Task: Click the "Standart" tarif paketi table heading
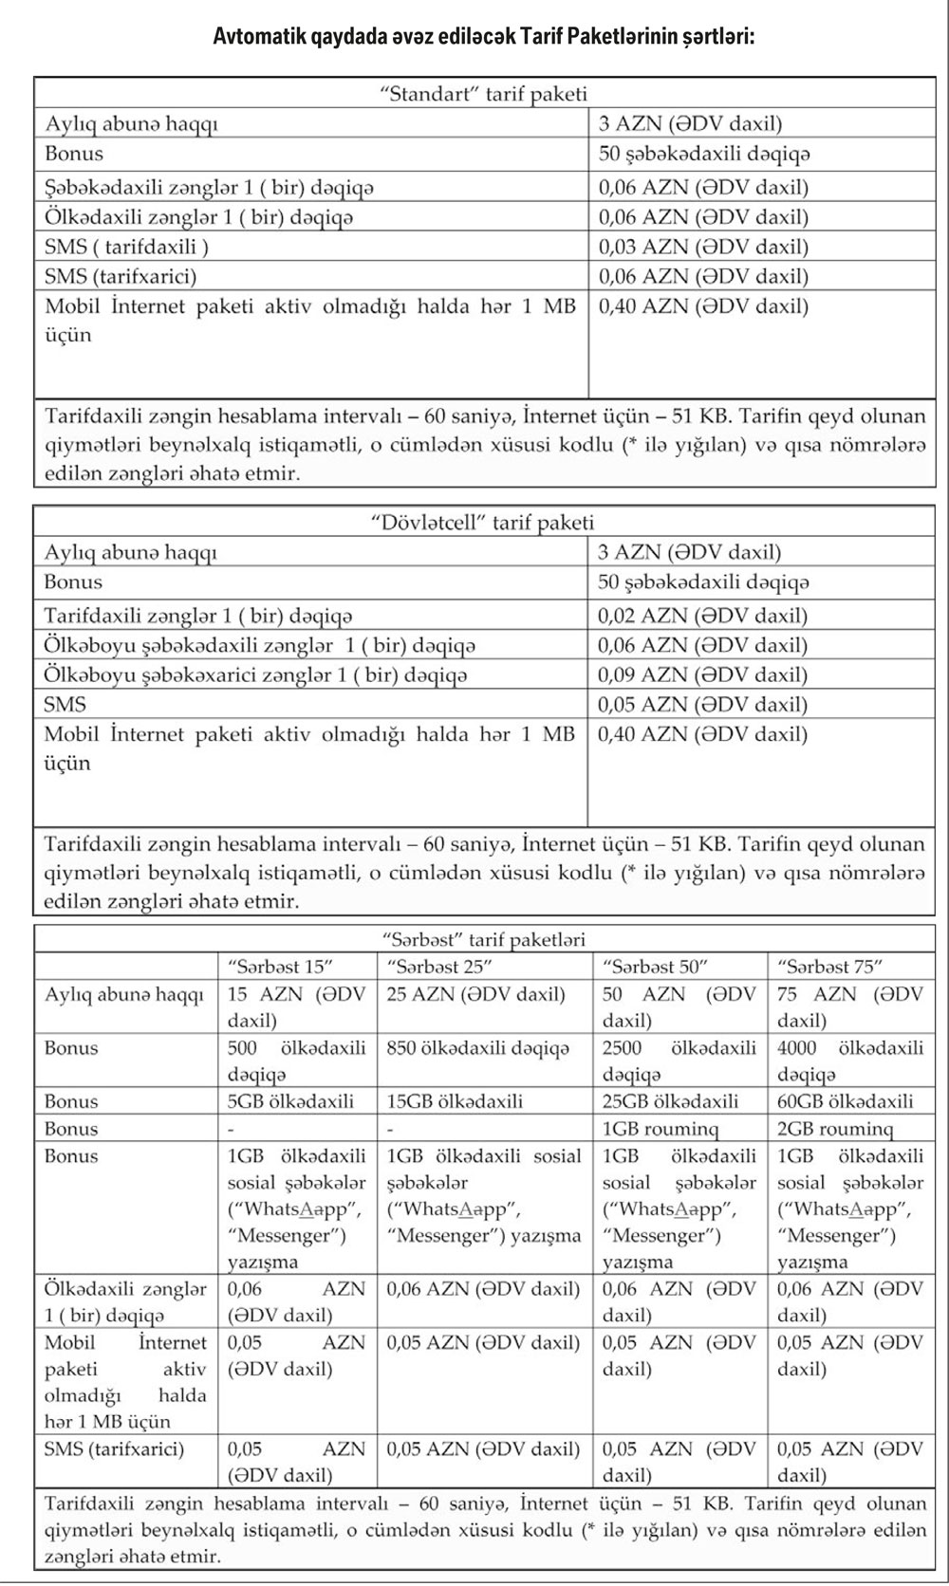click(x=483, y=93)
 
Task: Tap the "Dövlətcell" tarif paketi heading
click(x=481, y=522)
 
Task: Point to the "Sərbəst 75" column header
click(x=829, y=967)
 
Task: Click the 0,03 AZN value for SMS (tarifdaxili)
click(x=703, y=247)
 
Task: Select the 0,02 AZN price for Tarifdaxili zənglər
click(x=702, y=616)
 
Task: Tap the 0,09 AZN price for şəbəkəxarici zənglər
click(x=702, y=675)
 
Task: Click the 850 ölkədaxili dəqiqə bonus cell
click(x=478, y=1048)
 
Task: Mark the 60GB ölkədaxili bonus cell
click(x=845, y=1101)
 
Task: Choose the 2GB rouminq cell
click(x=835, y=1129)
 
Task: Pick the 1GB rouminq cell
click(x=661, y=1129)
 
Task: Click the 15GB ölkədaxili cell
click(x=455, y=1101)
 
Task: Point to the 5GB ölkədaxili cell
click(x=290, y=1101)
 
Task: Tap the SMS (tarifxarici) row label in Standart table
click(x=121, y=276)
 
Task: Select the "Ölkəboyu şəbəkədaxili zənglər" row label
click(x=259, y=645)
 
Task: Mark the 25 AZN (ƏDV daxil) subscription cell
click(x=475, y=995)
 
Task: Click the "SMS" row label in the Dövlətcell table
click(x=65, y=705)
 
